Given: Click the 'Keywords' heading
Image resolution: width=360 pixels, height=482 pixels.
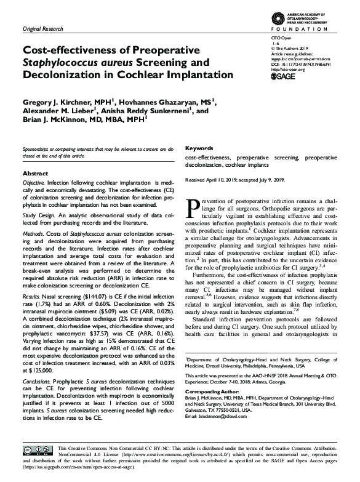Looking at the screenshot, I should click(199, 148).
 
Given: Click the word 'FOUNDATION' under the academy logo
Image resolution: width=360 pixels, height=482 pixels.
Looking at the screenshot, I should click(306, 29).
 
